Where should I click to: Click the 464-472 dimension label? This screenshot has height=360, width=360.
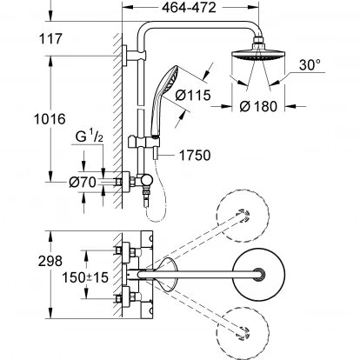click(x=189, y=8)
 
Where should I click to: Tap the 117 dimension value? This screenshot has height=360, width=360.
click(x=50, y=39)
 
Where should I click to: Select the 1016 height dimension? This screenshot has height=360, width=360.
click(x=50, y=119)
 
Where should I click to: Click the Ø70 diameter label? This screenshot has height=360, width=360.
click(x=83, y=183)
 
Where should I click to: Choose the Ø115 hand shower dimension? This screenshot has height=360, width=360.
click(x=193, y=95)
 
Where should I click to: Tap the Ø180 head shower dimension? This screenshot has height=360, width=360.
click(x=258, y=106)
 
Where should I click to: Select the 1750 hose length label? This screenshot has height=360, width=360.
click(x=195, y=156)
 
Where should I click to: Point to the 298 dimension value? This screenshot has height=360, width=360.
click(x=50, y=261)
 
